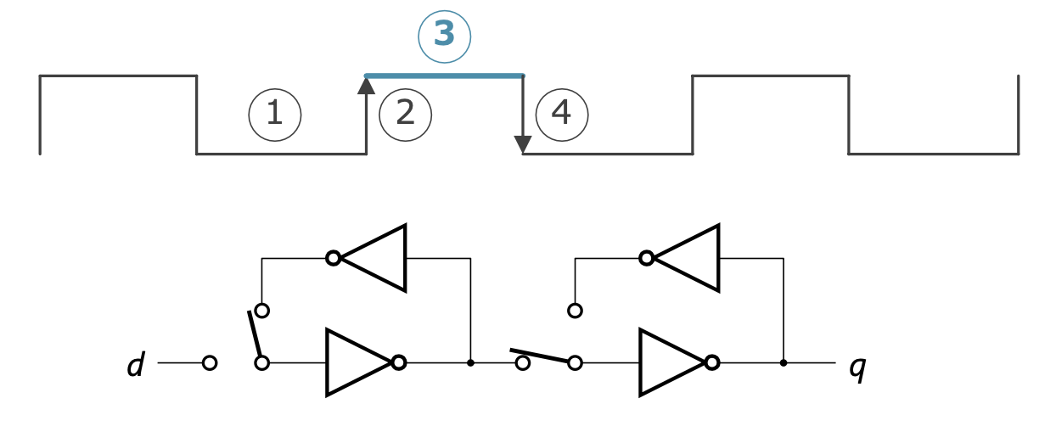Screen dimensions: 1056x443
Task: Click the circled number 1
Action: click(275, 115)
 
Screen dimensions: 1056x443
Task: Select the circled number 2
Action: click(406, 115)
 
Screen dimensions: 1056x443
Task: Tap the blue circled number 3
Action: click(445, 36)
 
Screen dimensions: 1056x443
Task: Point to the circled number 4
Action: click(562, 115)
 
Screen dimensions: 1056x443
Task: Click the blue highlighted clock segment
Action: click(445, 76)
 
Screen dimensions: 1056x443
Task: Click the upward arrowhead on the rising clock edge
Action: click(367, 86)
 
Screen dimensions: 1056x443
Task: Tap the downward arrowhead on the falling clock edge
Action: click(523, 144)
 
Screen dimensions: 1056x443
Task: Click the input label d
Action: click(136, 364)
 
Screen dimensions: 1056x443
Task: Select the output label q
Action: click(857, 368)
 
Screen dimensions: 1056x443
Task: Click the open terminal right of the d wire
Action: click(210, 363)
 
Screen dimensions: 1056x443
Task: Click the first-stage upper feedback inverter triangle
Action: click(373, 258)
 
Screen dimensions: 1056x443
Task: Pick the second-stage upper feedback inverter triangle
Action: click(687, 258)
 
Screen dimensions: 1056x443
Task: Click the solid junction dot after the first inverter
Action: click(470, 363)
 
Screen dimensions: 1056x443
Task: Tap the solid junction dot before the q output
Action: click(784, 363)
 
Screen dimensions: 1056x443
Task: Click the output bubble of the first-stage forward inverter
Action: click(399, 363)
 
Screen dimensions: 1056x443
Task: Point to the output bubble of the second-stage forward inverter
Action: click(712, 363)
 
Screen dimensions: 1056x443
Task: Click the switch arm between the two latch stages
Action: click(539, 356)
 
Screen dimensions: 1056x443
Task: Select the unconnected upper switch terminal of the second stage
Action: click(575, 311)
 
